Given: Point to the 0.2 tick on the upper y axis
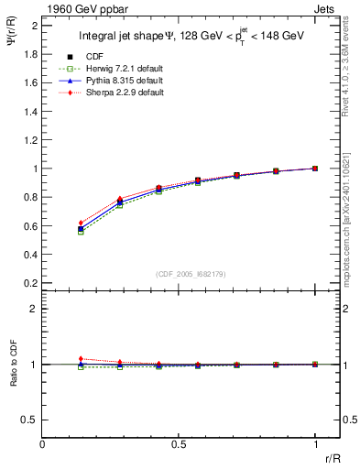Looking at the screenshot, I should pyautogui.click(x=31, y=283).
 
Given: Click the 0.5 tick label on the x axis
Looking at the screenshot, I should pyautogui.click(x=179, y=444).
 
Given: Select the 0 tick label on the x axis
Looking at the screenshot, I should pyautogui.click(x=43, y=444).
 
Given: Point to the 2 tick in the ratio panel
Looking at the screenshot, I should pyautogui.click(x=35, y=310).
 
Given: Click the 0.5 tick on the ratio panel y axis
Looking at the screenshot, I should pyautogui.click(x=31, y=420).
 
